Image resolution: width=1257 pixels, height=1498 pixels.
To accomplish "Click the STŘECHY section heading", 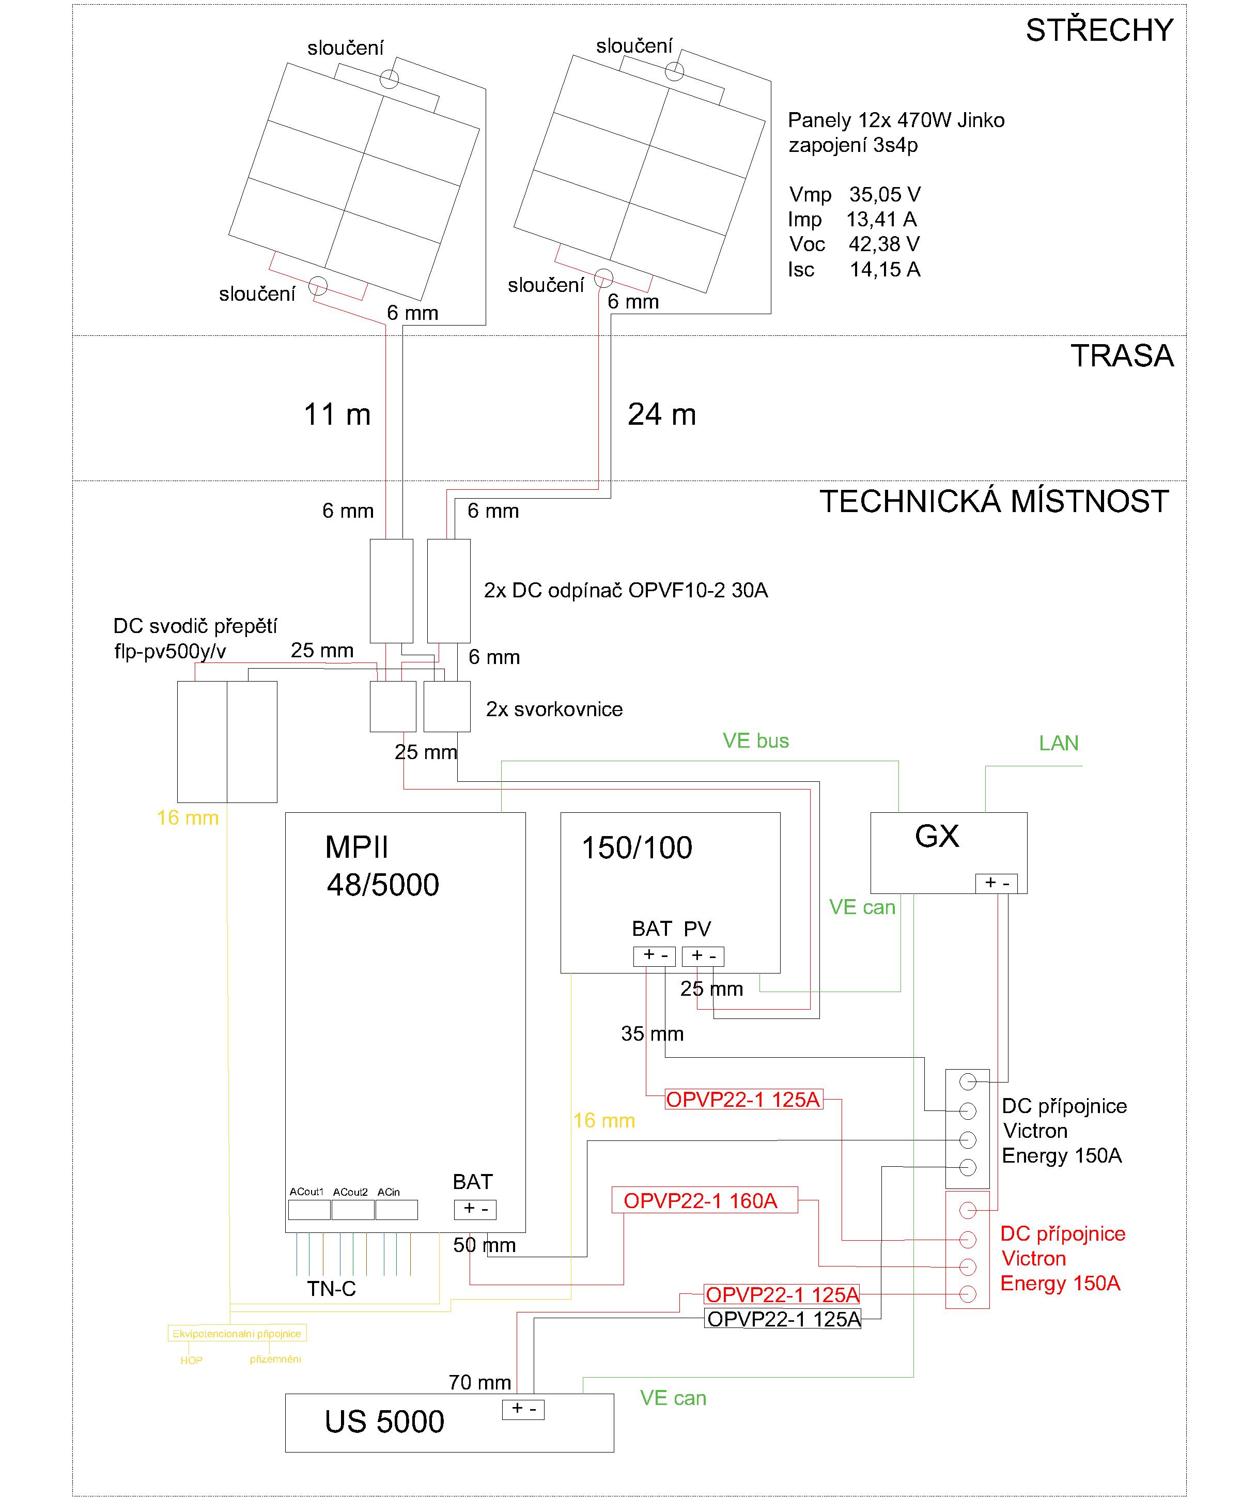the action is pos(1099,30).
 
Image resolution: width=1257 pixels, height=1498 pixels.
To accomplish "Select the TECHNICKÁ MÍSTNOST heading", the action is pos(994,501).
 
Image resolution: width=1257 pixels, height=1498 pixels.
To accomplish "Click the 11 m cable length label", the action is pos(337,414).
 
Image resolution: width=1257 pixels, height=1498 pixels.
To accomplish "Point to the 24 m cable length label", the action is pos(662,414).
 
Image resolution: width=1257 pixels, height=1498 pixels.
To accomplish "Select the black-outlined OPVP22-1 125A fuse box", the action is pos(783,1319).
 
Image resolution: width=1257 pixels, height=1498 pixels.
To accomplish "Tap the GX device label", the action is pos(937,836).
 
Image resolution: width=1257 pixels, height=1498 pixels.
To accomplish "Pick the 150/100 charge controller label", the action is pos(637,847).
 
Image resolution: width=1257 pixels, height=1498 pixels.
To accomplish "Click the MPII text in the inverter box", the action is pos(356,847).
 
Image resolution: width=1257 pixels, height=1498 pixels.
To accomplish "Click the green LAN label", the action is pos(1059,743).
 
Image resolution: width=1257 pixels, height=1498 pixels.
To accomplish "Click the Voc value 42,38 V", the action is pos(884,244).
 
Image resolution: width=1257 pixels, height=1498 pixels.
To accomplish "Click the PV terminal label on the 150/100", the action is pos(697,929).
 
